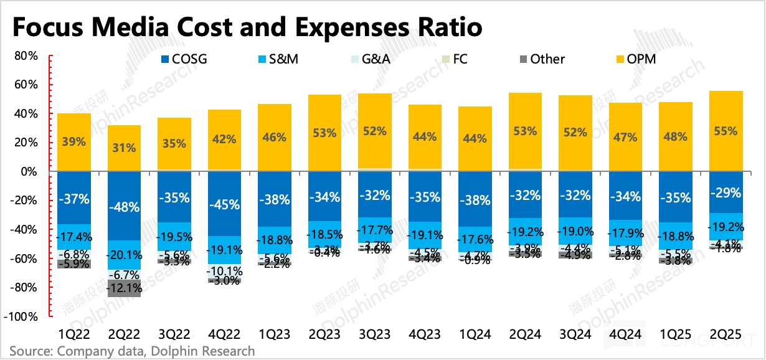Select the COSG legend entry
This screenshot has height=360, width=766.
click(184, 59)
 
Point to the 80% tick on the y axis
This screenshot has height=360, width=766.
click(26, 56)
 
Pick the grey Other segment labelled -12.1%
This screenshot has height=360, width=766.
click(124, 289)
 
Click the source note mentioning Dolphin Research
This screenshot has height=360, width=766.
click(132, 351)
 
